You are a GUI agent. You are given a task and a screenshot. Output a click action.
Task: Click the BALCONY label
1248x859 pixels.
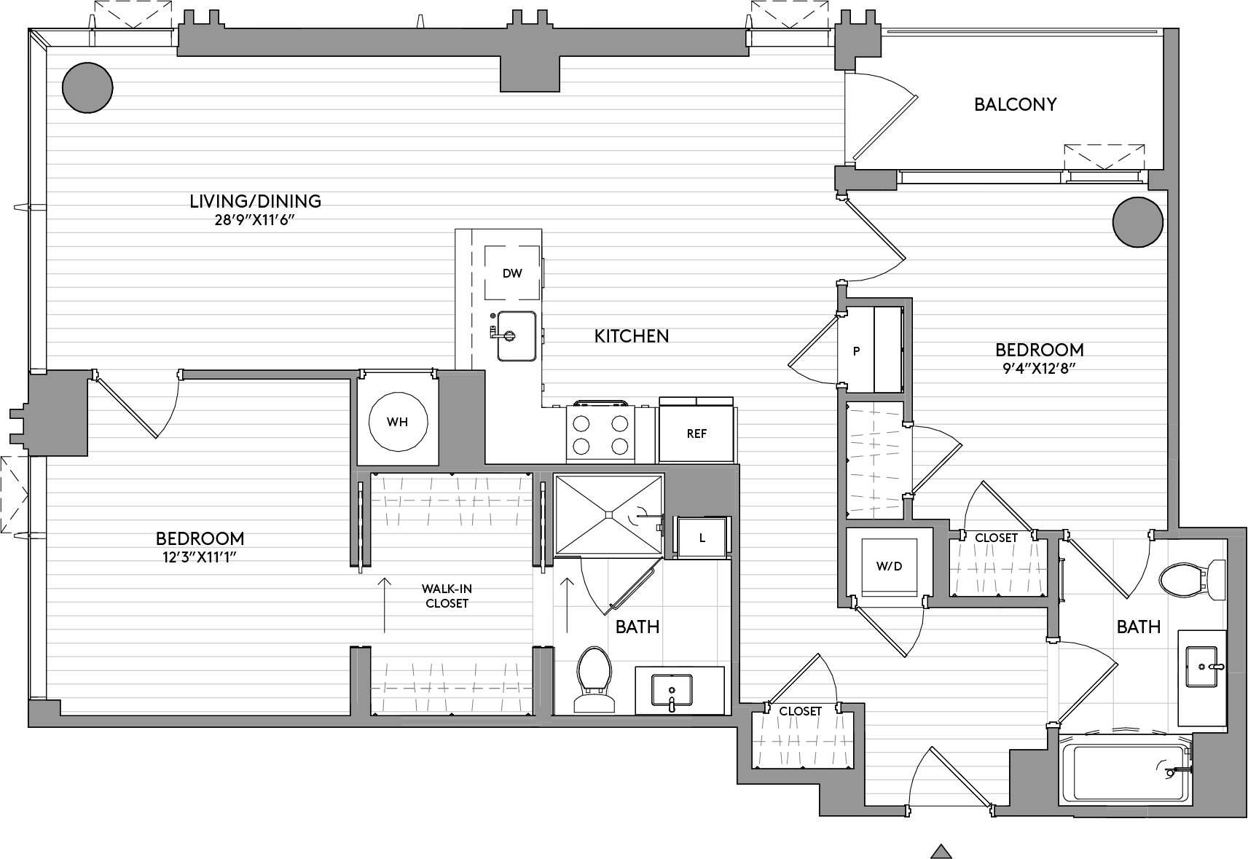click(x=1015, y=105)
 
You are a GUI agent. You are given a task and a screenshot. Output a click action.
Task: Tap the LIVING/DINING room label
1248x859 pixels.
click(x=255, y=201)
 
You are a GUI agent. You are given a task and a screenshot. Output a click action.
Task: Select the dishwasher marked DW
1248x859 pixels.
click(x=512, y=273)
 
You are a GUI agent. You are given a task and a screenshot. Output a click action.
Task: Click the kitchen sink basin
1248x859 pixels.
click(x=517, y=336)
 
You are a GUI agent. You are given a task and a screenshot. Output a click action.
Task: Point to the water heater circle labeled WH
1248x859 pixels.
click(x=398, y=423)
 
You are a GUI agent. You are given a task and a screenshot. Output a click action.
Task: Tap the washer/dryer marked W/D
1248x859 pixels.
click(x=890, y=567)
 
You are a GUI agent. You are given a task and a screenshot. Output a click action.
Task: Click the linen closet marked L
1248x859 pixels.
click(x=702, y=538)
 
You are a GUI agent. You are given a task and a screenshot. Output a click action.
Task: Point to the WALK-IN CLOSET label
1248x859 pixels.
click(x=447, y=595)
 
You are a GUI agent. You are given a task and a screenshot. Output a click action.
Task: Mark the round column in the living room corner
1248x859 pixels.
click(x=87, y=87)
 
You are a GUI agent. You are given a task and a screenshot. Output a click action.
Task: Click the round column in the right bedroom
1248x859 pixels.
click(x=1138, y=221)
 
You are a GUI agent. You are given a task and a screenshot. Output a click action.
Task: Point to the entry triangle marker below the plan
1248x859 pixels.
click(x=941, y=851)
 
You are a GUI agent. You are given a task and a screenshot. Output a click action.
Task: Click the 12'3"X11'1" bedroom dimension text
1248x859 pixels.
click(x=200, y=557)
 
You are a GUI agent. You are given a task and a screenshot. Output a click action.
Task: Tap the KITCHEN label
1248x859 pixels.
click(x=631, y=336)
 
